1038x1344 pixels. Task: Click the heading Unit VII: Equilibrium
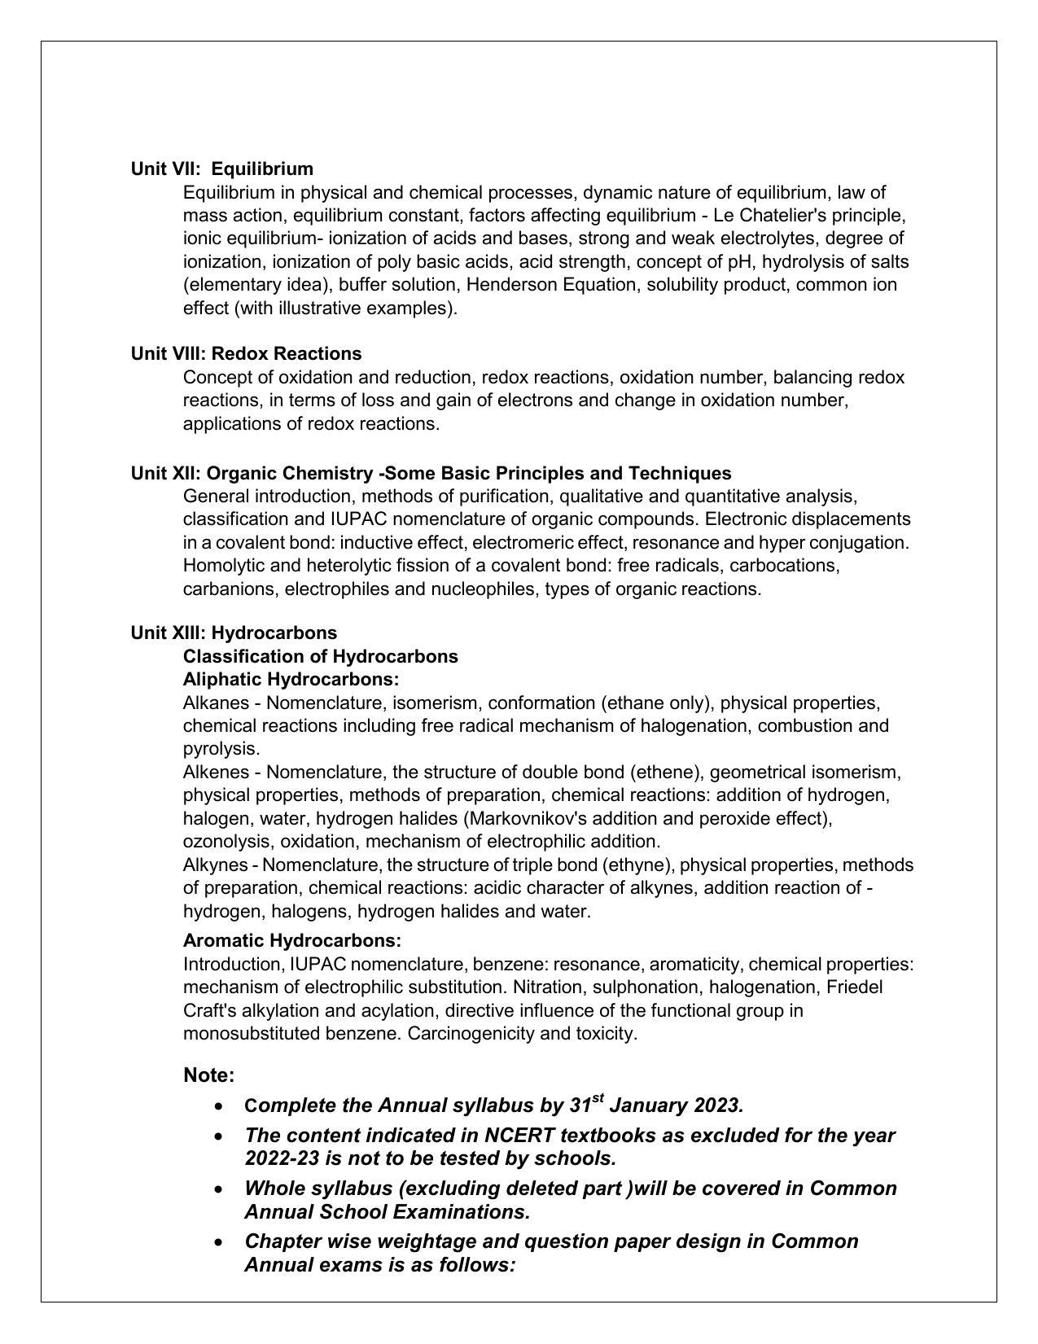[x=221, y=169]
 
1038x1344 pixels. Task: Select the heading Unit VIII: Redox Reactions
[x=246, y=353]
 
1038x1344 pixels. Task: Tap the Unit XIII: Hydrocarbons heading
[x=234, y=633]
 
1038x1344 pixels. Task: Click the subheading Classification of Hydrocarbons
[x=320, y=656]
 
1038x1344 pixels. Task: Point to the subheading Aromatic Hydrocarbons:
[x=291, y=940]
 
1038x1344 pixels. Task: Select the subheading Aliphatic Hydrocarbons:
[x=291, y=679]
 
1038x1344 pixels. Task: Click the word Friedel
[x=854, y=987]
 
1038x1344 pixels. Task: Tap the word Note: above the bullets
[x=209, y=1075]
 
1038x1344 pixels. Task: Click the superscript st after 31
[x=598, y=1098]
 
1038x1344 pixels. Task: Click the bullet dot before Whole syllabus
[x=218, y=1189]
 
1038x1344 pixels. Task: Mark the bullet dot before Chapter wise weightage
[x=218, y=1242]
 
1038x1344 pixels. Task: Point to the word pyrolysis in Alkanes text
[x=221, y=748]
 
